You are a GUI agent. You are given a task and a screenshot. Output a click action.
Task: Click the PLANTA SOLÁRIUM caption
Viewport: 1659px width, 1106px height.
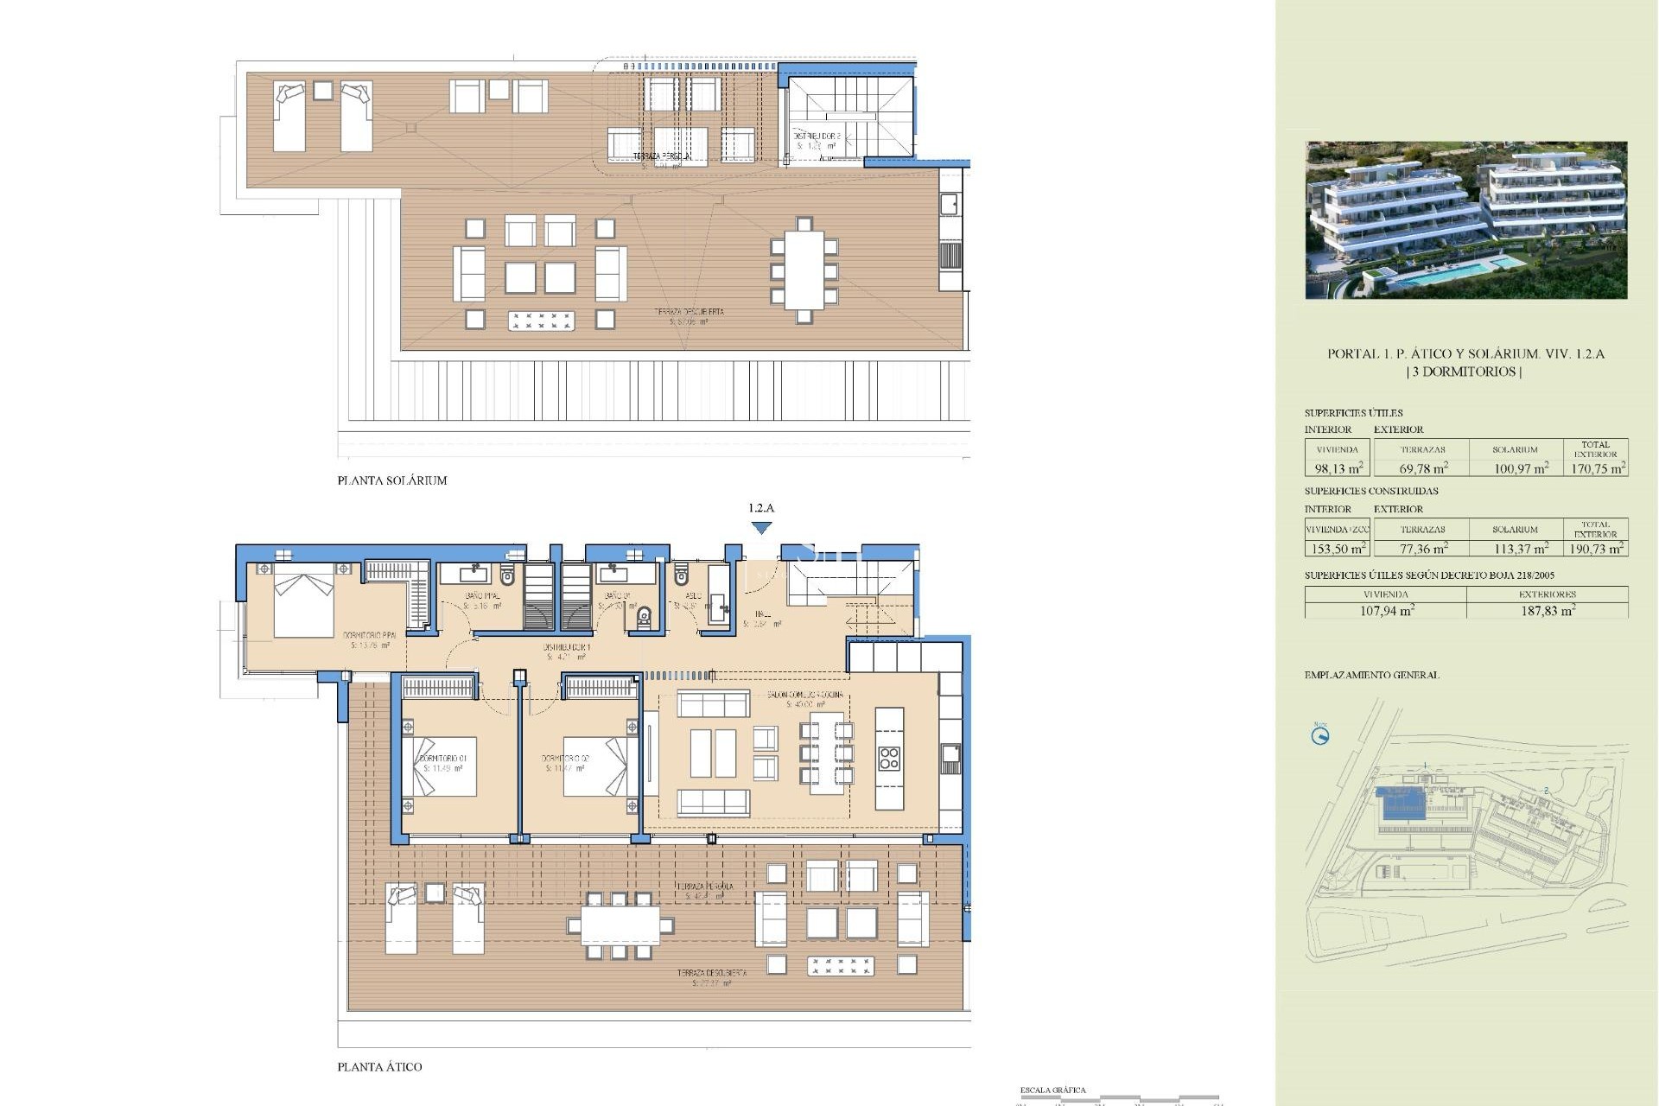tap(392, 480)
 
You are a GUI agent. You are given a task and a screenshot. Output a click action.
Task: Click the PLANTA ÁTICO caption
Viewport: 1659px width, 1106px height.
tap(379, 1067)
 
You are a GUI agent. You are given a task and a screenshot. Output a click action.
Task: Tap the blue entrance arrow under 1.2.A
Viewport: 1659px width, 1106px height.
tap(761, 528)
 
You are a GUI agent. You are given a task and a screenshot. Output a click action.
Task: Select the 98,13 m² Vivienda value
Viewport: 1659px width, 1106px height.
tap(1338, 468)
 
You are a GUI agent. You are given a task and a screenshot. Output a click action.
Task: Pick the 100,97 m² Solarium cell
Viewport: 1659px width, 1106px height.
tap(1521, 468)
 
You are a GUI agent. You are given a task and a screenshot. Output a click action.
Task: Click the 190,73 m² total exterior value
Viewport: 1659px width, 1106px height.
tap(1597, 549)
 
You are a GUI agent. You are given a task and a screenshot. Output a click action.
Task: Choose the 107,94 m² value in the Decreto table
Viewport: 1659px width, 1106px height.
tap(1386, 611)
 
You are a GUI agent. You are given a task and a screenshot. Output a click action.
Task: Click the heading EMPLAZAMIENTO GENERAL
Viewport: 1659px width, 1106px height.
tap(1371, 676)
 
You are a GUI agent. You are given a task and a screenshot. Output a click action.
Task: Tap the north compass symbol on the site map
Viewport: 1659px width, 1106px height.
tap(1319, 736)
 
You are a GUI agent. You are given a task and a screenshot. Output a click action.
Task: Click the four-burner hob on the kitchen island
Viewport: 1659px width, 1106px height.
tap(889, 759)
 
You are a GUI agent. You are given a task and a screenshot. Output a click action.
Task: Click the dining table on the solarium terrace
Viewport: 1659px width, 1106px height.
tap(804, 270)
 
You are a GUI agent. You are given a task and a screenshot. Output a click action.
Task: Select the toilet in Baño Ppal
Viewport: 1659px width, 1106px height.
tap(507, 575)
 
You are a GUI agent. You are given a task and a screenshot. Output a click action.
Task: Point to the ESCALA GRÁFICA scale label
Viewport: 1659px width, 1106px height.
tap(1052, 1090)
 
